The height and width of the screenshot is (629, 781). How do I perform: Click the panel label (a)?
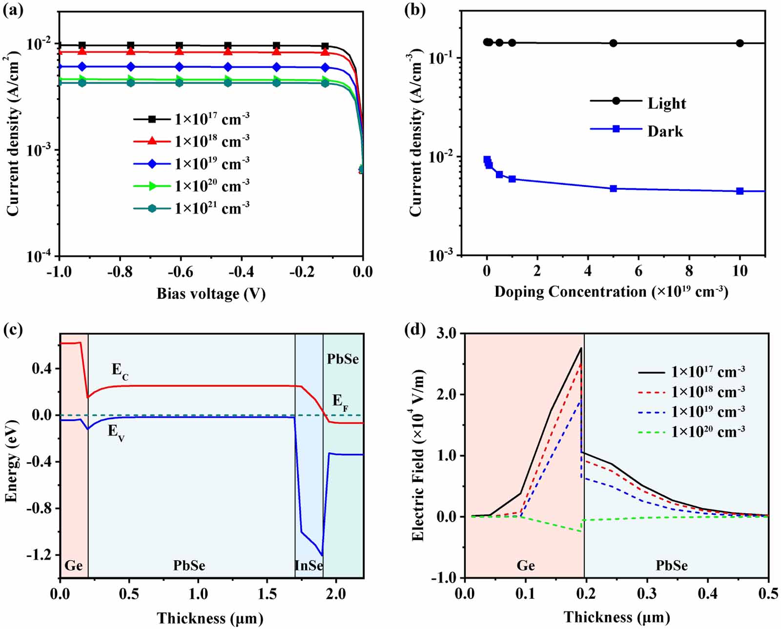tap(13, 10)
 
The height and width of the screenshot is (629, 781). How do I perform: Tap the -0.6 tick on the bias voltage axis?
tap(180, 272)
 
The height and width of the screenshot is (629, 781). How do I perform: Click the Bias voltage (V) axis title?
tap(211, 293)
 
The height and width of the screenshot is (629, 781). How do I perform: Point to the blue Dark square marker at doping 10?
tap(740, 191)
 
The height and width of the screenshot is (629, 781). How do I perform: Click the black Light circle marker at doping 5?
tap(614, 43)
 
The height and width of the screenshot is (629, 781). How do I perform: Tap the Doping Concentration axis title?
tap(611, 292)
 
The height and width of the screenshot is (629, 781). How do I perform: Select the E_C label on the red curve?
tap(120, 371)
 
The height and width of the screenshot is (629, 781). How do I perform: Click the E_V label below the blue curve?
tap(116, 432)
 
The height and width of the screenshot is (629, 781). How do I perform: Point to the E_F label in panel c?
tap(340, 402)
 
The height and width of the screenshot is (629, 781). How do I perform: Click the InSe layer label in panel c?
tap(308, 565)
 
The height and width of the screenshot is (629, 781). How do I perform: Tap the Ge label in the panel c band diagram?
tap(73, 565)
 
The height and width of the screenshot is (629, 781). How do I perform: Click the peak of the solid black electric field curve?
tap(581, 348)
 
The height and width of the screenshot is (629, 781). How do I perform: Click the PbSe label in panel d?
tap(672, 565)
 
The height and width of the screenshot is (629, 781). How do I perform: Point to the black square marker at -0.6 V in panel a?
tap(179, 45)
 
